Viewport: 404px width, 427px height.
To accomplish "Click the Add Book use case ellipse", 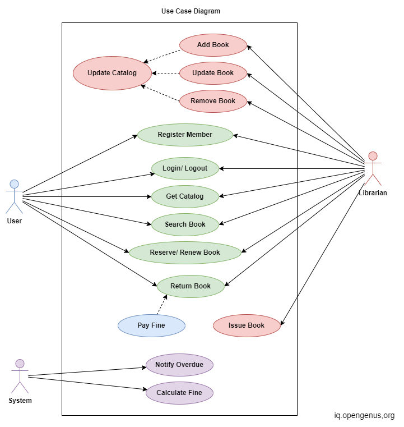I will pyautogui.click(x=213, y=45).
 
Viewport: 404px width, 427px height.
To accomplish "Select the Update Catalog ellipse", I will pyautogui.click(x=112, y=73).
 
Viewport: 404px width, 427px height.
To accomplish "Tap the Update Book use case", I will pyautogui.click(x=213, y=73).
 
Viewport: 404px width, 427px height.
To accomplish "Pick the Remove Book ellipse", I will pyautogui.click(x=213, y=101).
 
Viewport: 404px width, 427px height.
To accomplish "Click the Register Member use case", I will pyautogui.click(x=185, y=135).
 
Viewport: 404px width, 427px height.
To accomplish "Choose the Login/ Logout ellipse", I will pyautogui.click(x=185, y=168).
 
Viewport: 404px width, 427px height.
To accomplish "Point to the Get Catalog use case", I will pyautogui.click(x=185, y=196).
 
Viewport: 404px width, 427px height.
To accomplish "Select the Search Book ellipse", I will pyautogui.click(x=185, y=224).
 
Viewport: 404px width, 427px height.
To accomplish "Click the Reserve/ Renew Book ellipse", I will pyautogui.click(x=185, y=252).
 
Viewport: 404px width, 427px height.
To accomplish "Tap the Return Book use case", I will pyautogui.click(x=191, y=286).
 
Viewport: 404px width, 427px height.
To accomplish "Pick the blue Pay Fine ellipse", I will pyautogui.click(x=151, y=325).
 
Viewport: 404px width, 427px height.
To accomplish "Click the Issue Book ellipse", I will pyautogui.click(x=247, y=325).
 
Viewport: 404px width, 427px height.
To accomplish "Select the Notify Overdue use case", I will pyautogui.click(x=179, y=365).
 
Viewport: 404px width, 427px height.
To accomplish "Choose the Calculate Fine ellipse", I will pyautogui.click(x=179, y=393).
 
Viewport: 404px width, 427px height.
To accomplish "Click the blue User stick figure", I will pyautogui.click(x=15, y=196).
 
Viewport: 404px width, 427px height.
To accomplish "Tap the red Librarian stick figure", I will pyautogui.click(x=373, y=168).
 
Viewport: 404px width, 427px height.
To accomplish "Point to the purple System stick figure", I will pyautogui.click(x=20, y=376).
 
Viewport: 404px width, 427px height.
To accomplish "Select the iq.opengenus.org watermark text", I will pyautogui.click(x=364, y=416).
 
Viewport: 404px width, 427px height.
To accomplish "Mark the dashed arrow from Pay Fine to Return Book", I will pyautogui.click(x=161, y=305).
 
